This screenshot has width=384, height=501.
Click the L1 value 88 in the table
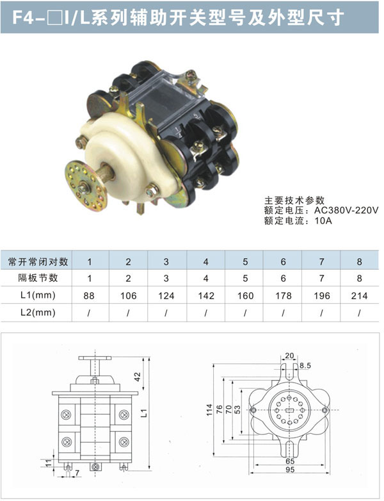(x=89, y=295)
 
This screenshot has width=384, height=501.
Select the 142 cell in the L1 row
(x=206, y=295)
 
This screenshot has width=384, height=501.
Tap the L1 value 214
(x=359, y=295)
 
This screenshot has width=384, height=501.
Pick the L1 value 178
(x=284, y=295)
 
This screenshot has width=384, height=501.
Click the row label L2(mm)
(x=38, y=312)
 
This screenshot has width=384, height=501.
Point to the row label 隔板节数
(x=38, y=277)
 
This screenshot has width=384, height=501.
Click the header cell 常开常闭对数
(x=38, y=261)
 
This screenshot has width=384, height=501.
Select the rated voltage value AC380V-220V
(x=346, y=210)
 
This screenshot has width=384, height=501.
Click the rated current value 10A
(x=323, y=220)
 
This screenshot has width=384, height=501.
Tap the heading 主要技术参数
(x=294, y=201)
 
